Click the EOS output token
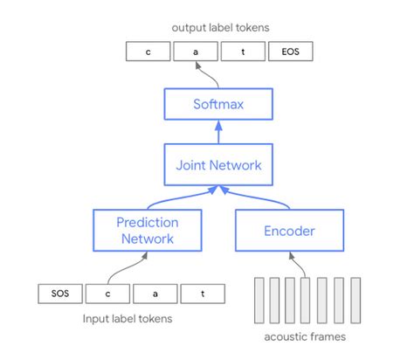[x=290, y=52]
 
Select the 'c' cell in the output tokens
[x=148, y=52]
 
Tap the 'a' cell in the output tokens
[x=196, y=52]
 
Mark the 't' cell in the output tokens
[x=243, y=52]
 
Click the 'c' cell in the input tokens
[x=108, y=294]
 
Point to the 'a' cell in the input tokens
[x=155, y=294]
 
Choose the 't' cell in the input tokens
[x=203, y=294]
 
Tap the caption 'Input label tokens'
[x=128, y=319]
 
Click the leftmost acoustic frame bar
[x=257, y=299]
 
